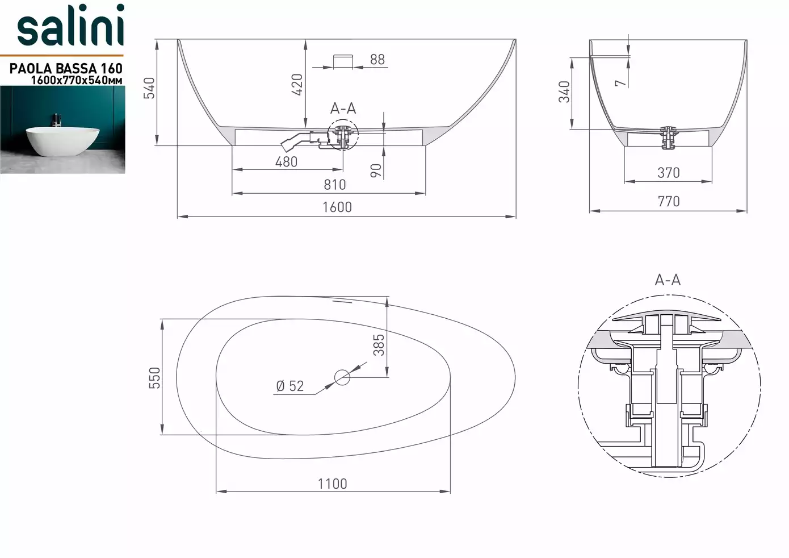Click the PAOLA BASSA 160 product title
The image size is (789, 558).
point(66,68)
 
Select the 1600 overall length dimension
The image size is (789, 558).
point(337,207)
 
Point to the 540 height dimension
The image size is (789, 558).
point(149,88)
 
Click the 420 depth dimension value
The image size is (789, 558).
point(297,85)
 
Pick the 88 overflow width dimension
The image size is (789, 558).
point(377,59)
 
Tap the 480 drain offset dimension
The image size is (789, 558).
point(286,162)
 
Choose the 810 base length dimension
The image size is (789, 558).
point(335,185)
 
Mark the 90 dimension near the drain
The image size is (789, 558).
point(376,170)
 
